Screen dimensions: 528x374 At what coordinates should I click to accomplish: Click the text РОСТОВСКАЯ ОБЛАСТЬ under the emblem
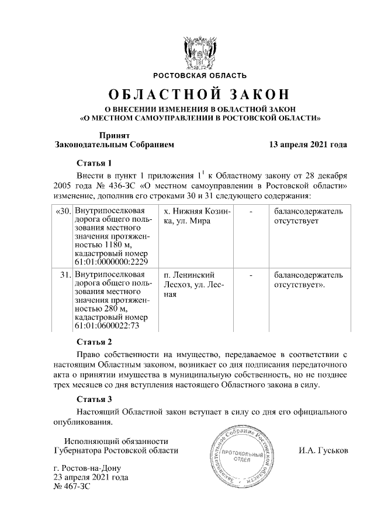pos(200,76)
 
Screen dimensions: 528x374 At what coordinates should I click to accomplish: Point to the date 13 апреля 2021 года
pos(307,144)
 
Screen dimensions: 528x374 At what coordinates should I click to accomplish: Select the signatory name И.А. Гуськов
pos(323,451)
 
